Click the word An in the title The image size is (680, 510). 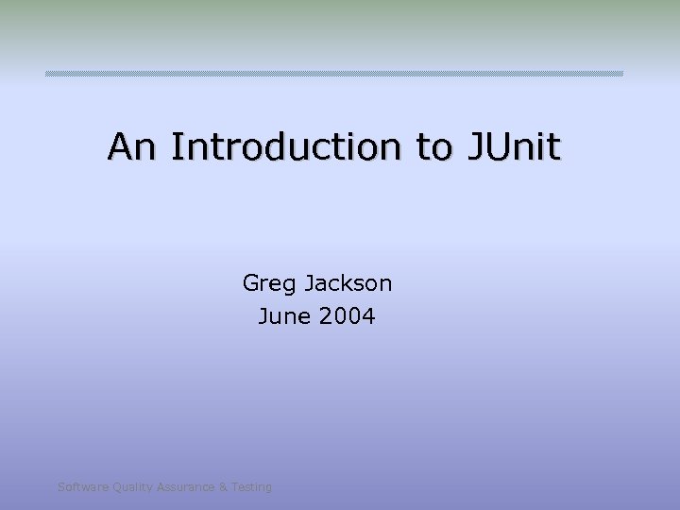coord(135,146)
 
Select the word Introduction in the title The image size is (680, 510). coord(290,146)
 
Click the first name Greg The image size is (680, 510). coord(268,282)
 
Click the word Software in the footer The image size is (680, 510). coord(82,487)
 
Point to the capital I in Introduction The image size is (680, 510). coord(177,146)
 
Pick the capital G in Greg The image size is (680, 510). coord(251,282)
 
